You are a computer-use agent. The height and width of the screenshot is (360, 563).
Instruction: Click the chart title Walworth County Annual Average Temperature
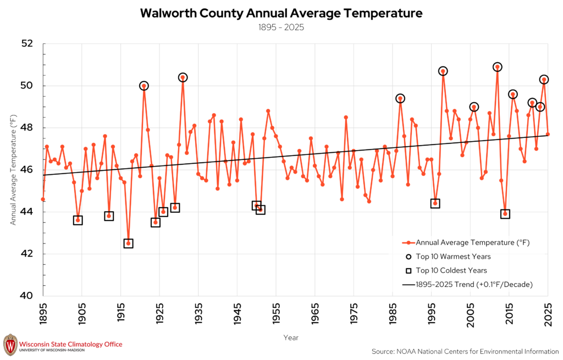point(281,13)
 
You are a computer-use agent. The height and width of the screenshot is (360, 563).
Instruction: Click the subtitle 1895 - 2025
point(281,27)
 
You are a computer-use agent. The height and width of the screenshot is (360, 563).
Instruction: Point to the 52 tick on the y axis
point(27,43)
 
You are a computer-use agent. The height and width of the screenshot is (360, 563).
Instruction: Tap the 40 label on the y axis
point(27,296)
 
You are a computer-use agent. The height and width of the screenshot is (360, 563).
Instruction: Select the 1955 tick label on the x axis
point(276,314)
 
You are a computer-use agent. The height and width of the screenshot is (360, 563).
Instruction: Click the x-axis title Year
point(291,337)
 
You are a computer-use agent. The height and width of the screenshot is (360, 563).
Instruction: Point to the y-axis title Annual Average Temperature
point(13,170)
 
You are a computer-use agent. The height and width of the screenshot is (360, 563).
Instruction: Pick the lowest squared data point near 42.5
point(128,243)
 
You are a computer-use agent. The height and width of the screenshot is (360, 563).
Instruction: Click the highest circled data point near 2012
point(497,67)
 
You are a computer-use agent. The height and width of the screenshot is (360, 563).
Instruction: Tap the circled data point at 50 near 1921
point(144,86)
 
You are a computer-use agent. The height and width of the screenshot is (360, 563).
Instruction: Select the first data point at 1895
point(43,199)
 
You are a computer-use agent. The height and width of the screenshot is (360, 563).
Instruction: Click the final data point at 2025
point(548,134)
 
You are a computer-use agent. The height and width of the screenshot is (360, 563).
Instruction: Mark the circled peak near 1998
point(443,71)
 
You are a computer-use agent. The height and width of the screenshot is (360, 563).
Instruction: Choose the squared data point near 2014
point(505,214)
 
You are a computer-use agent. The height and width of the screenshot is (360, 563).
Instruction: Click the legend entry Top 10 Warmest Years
point(448,257)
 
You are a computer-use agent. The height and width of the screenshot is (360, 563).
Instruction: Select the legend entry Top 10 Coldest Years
point(446,270)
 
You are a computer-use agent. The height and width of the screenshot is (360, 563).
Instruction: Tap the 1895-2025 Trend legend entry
point(467,285)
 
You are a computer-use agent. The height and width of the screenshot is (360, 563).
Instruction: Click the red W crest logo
point(10,345)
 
